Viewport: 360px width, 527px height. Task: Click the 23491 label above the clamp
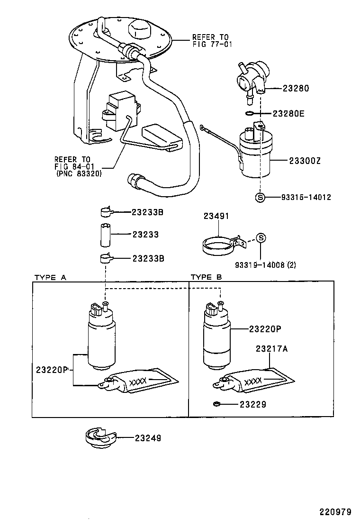tap(216, 216)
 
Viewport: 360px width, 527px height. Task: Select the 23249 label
tap(148, 438)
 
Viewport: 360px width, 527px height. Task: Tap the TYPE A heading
tap(50, 277)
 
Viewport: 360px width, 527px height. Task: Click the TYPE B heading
tap(206, 277)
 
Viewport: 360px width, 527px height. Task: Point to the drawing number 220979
tap(335, 512)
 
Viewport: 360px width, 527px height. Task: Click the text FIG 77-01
tap(212, 45)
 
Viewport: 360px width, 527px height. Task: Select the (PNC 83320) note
tap(79, 173)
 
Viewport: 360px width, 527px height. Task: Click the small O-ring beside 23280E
tap(249, 114)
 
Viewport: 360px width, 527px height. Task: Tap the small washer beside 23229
tap(216, 404)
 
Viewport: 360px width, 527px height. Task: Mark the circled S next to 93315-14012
tap(260, 197)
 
